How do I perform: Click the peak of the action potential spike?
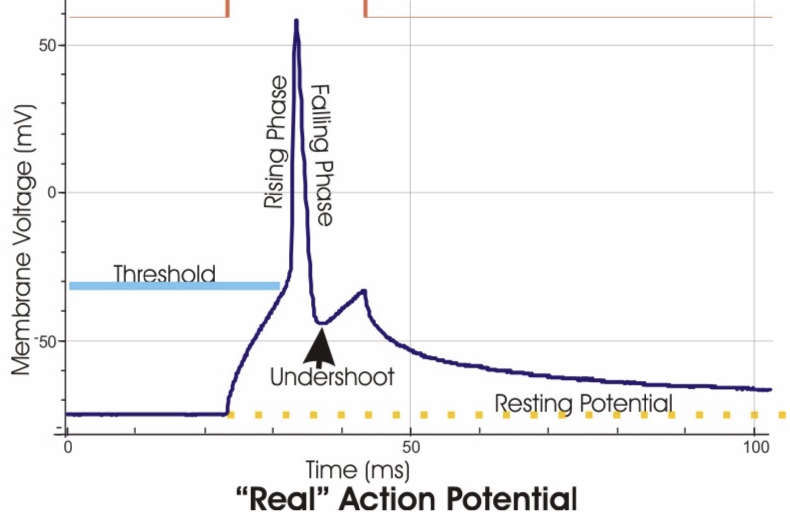click(x=296, y=21)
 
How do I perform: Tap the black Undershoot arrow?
click(x=320, y=347)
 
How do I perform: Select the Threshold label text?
click(x=164, y=274)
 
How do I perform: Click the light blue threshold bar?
click(x=174, y=286)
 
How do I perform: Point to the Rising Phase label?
click(x=275, y=142)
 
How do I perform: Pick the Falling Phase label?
click(x=321, y=155)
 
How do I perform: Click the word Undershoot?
click(x=332, y=377)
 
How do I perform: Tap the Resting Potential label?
click(x=583, y=403)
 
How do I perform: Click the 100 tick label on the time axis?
click(x=756, y=448)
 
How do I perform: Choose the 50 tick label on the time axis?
click(x=411, y=448)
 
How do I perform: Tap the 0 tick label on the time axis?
click(x=68, y=448)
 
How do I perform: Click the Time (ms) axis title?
click(x=358, y=470)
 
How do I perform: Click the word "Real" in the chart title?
click(x=283, y=500)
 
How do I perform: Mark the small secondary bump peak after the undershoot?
click(x=364, y=291)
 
